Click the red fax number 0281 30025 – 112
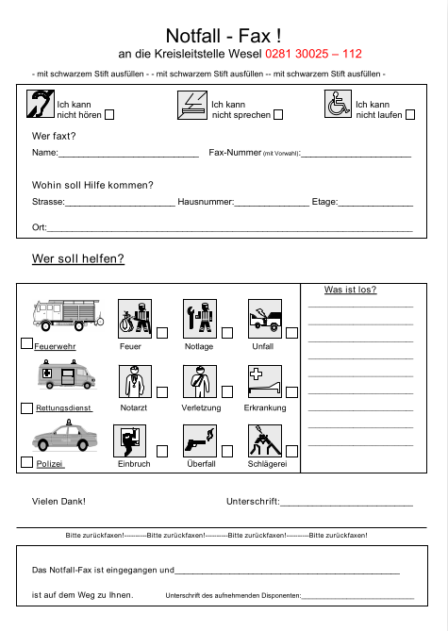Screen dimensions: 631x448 pyautogui.click(x=313, y=55)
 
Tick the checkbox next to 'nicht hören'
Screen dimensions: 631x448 pyautogui.click(x=108, y=115)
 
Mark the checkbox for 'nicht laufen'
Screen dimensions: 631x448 pyautogui.click(x=409, y=115)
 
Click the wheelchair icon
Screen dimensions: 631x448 pyautogui.click(x=338, y=105)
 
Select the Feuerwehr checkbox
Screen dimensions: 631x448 pyautogui.click(x=26, y=346)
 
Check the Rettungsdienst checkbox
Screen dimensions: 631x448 pyautogui.click(x=26, y=408)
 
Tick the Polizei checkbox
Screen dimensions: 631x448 pyautogui.click(x=26, y=464)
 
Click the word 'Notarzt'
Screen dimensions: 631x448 pyautogui.click(x=134, y=408)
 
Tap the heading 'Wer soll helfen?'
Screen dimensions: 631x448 pyautogui.click(x=78, y=258)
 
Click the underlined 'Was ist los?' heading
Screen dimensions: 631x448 pyautogui.click(x=350, y=290)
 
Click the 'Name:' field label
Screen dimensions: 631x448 pyautogui.click(x=45, y=153)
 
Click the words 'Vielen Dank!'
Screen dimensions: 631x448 pyautogui.click(x=58, y=501)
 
